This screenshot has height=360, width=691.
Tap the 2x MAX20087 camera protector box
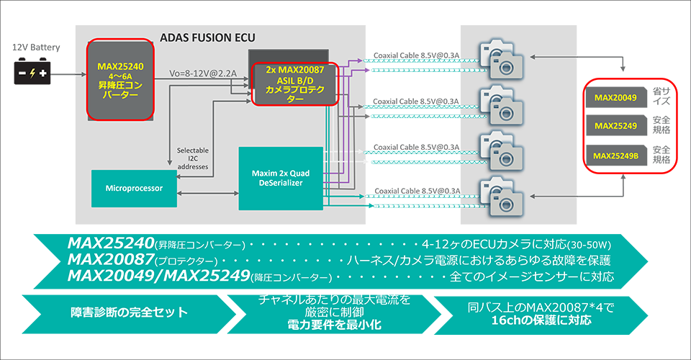click(295, 84)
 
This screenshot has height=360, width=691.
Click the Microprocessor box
click(134, 188)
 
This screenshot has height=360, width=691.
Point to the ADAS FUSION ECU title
click(207, 37)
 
